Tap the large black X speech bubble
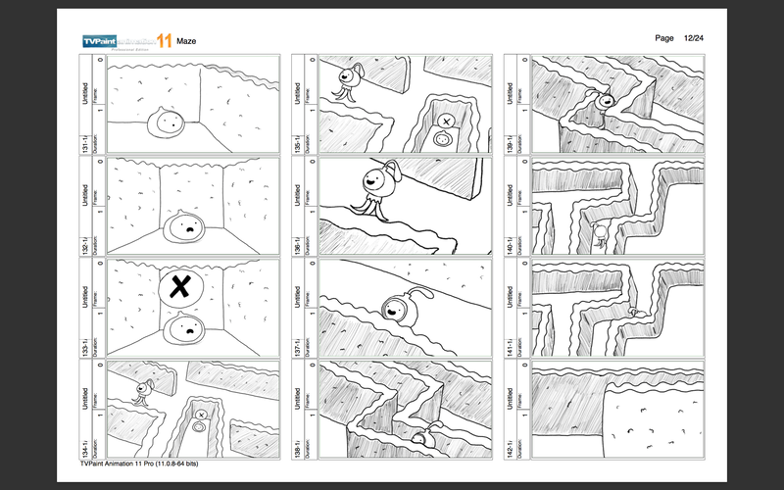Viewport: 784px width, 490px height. [x=178, y=287]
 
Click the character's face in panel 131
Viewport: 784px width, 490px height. [x=170, y=122]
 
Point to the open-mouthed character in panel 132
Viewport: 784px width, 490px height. [x=185, y=228]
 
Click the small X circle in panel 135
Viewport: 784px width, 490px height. [x=446, y=121]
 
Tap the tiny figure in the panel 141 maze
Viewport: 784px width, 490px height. [x=632, y=313]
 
